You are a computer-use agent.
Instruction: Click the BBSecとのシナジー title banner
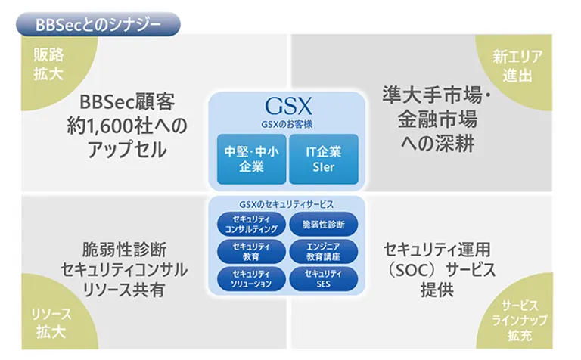point(98,24)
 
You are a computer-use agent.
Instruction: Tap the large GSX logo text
point(288,107)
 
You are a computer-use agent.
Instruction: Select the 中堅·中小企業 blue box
point(251,160)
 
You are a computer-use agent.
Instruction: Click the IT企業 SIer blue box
point(324,160)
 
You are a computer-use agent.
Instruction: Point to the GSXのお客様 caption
point(287,125)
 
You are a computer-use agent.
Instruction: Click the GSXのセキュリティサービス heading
point(287,204)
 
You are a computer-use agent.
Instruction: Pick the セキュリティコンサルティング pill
point(251,225)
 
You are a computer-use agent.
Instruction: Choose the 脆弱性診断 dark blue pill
point(324,225)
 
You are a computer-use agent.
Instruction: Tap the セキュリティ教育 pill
point(251,252)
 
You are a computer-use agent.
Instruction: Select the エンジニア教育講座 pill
point(324,252)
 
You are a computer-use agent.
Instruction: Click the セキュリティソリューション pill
point(251,279)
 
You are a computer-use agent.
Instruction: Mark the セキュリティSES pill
point(324,279)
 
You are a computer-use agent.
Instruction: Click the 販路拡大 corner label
point(48,64)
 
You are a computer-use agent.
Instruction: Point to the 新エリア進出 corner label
point(517,67)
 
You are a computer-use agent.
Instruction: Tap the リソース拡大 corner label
point(51,323)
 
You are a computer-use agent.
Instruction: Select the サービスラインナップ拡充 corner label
point(520,321)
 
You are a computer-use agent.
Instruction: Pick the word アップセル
point(127,150)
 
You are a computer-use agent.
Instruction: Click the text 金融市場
point(437,120)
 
